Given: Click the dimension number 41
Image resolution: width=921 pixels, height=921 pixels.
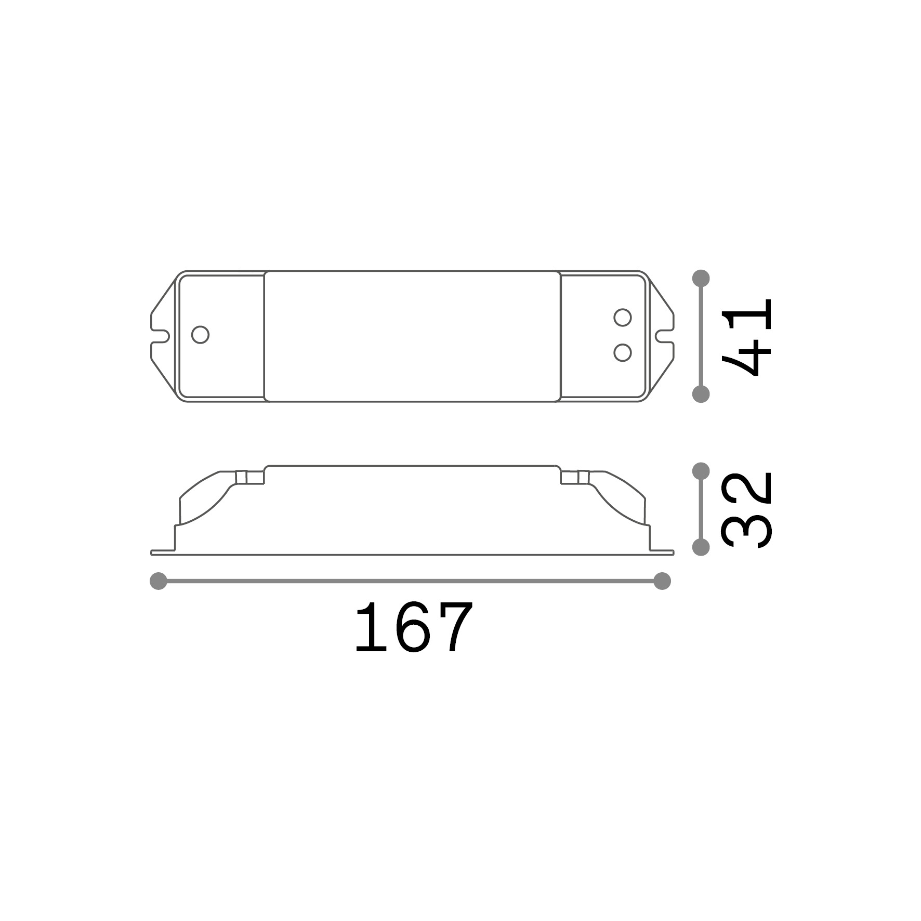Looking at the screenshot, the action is click(x=747, y=337).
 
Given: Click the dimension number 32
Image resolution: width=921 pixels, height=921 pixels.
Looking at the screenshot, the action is click(x=747, y=510).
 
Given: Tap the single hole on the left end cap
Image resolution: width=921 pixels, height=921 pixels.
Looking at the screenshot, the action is click(x=200, y=335).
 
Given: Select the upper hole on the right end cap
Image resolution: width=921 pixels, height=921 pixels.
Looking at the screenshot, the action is click(x=622, y=317).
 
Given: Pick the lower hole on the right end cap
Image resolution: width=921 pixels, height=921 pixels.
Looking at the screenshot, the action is click(x=622, y=352).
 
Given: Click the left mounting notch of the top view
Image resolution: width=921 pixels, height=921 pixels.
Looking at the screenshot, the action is click(x=160, y=336).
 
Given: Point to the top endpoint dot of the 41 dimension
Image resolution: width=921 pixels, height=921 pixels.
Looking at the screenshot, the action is click(x=701, y=278).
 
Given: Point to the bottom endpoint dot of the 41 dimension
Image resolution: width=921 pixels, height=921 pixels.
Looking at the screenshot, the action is click(x=701, y=394).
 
